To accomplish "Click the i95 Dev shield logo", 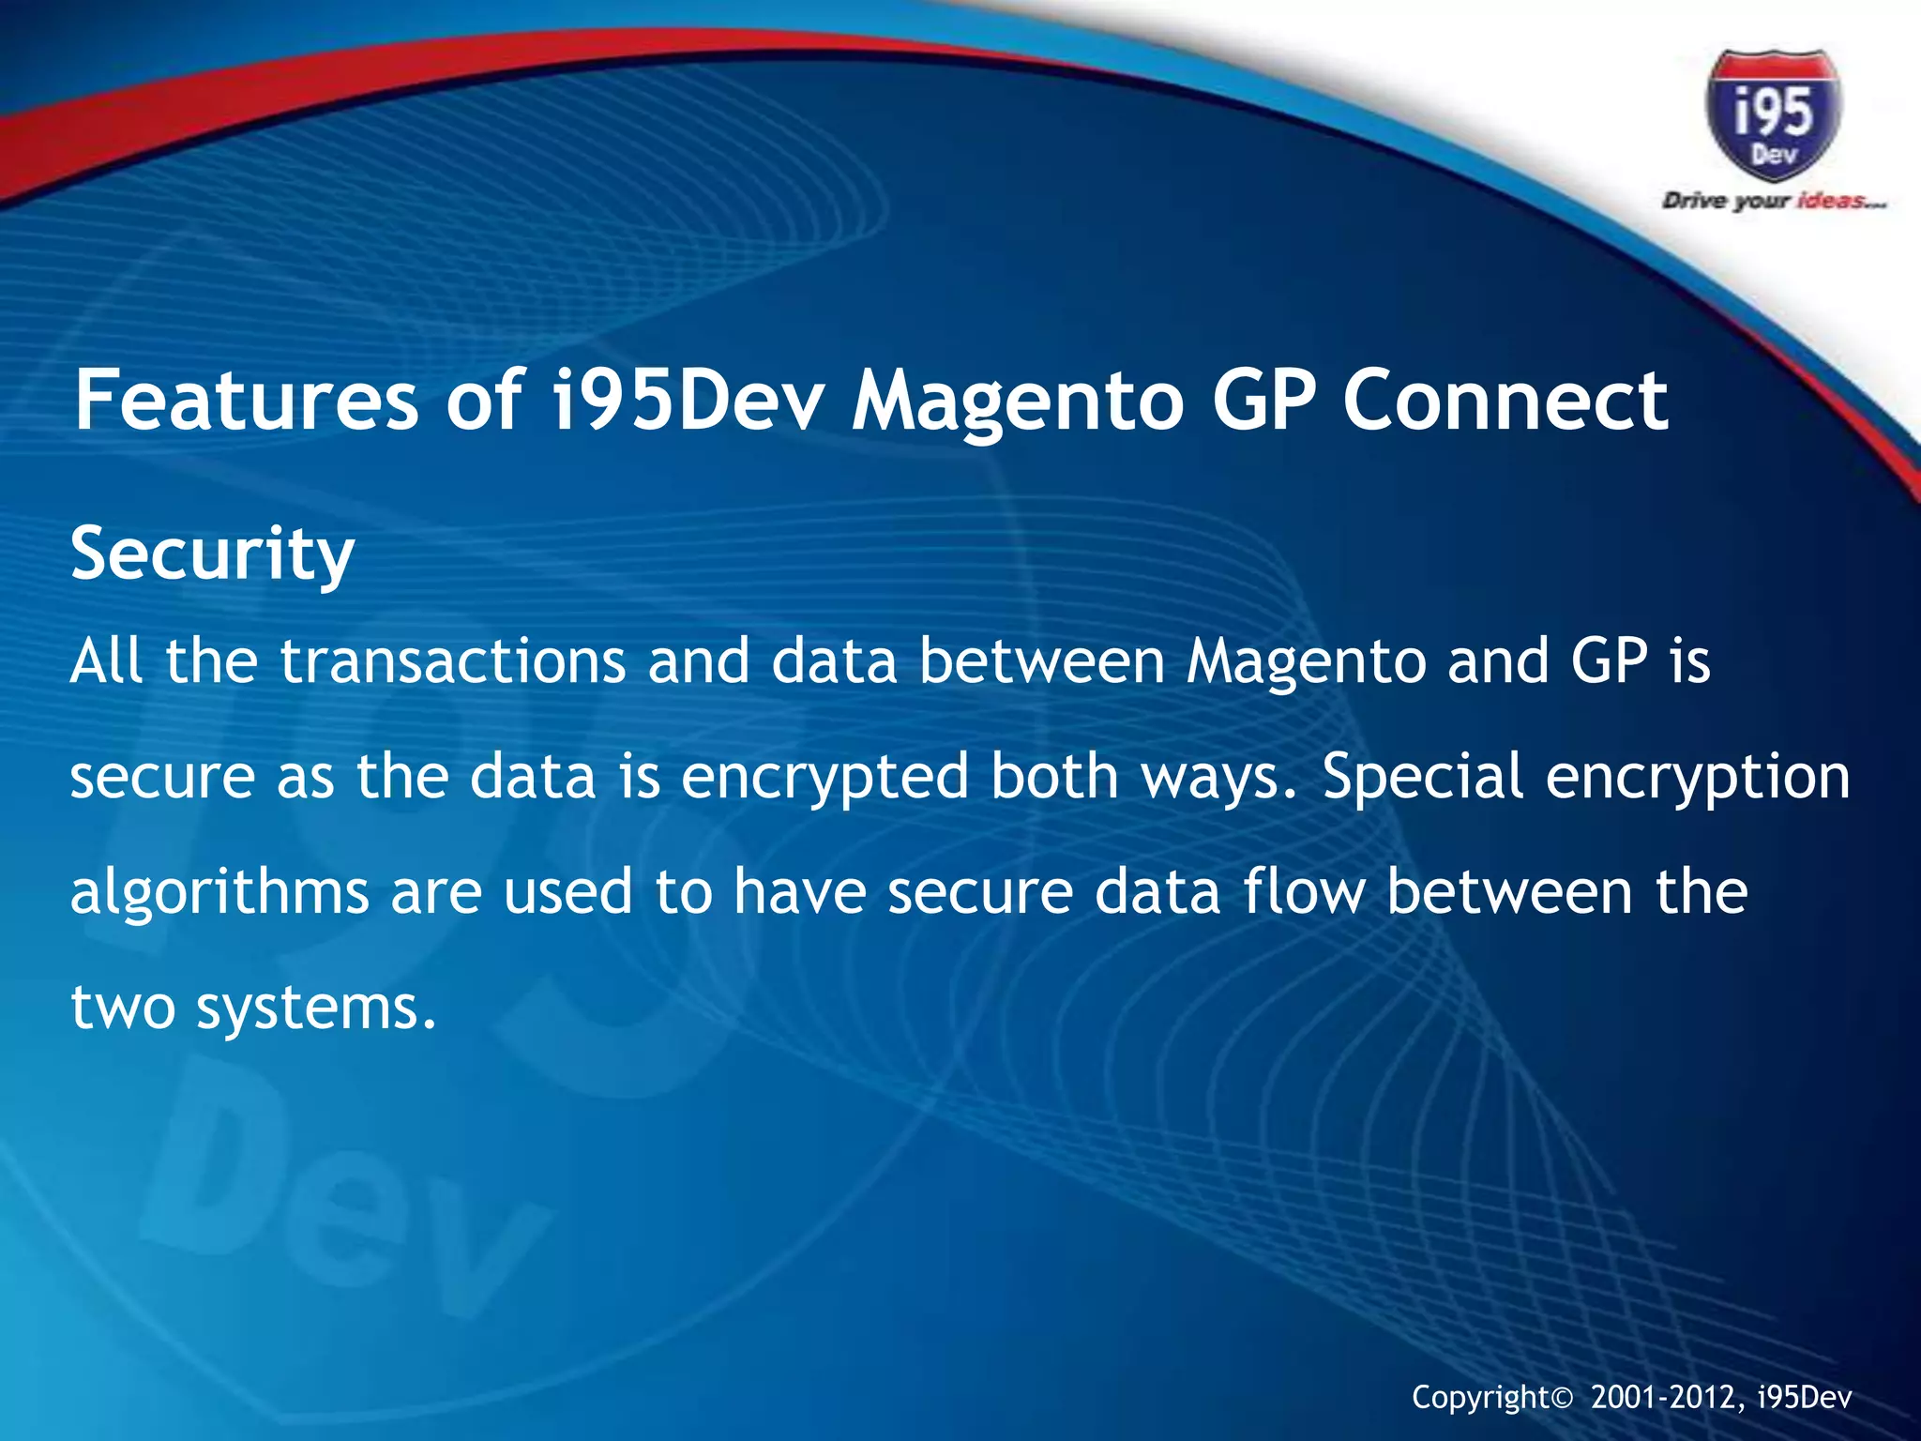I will coord(1773,115).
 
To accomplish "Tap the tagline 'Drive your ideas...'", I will coord(1773,201).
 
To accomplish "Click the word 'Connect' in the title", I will coord(1505,401).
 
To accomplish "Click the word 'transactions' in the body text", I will coord(452,660).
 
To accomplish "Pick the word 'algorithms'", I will coord(219,893).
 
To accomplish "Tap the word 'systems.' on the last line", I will coord(316,1009).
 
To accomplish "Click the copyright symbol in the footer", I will coord(1561,1399).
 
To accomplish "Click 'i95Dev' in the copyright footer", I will coord(1805,1399).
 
